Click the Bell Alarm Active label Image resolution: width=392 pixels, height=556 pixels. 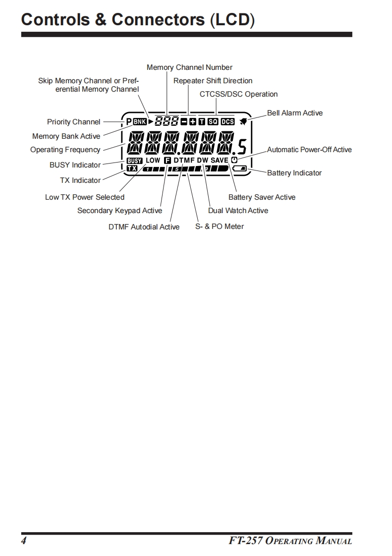[294, 113]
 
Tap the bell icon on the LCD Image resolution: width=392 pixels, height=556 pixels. [243, 121]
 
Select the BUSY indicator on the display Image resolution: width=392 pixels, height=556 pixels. [134, 161]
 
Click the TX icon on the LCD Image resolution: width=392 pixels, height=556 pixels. [132, 168]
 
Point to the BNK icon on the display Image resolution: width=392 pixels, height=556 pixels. [140, 121]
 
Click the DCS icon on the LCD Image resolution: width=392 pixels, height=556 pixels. [227, 121]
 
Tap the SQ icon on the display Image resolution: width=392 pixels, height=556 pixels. [213, 121]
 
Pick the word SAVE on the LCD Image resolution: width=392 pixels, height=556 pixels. [220, 161]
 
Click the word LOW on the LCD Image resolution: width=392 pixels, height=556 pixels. [153, 161]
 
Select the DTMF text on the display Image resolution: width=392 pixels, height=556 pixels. [184, 161]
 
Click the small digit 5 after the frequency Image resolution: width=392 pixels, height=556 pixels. [242, 147]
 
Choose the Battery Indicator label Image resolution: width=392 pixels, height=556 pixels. [294, 173]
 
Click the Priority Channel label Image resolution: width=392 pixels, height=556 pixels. [73, 122]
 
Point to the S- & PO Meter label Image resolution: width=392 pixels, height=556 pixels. [220, 226]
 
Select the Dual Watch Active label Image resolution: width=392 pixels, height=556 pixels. [238, 211]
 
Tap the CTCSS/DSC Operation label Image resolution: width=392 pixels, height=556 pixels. [238, 94]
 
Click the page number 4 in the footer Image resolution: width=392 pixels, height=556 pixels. [23, 541]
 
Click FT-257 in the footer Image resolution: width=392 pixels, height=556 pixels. [246, 541]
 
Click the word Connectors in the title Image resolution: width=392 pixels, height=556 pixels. [158, 20]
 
